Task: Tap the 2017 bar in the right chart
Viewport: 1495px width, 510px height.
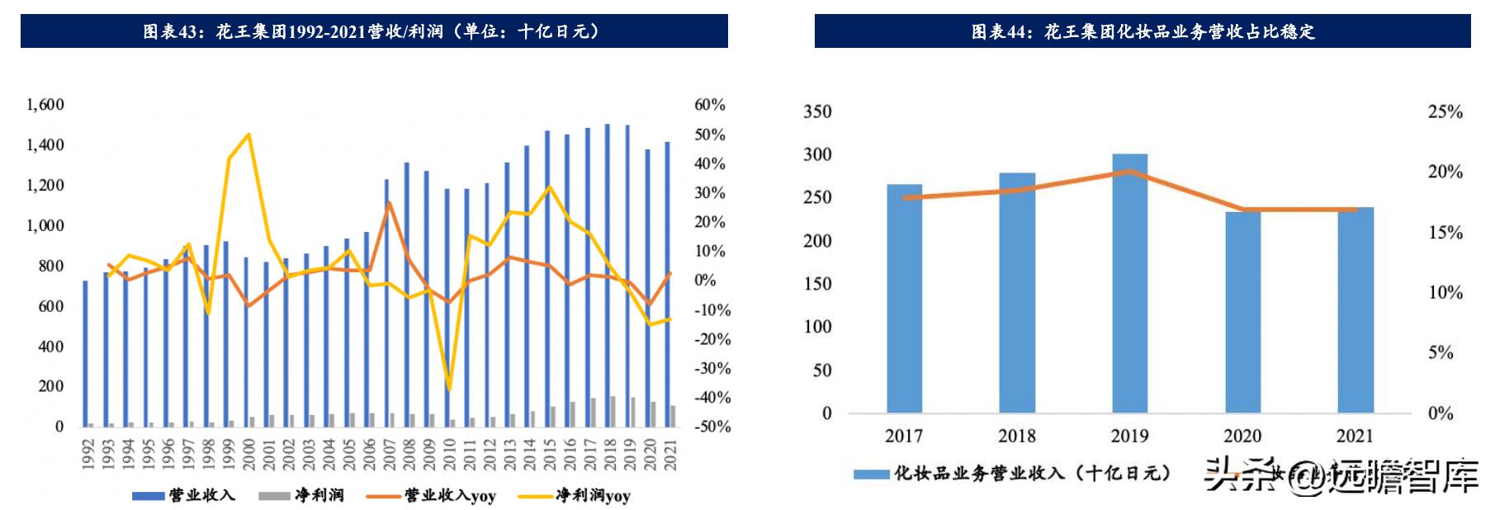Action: click(x=904, y=298)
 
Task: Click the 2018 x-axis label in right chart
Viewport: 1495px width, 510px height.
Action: click(x=1016, y=436)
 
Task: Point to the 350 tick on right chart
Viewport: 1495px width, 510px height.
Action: click(x=817, y=111)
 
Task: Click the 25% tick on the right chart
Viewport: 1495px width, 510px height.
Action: click(x=1445, y=111)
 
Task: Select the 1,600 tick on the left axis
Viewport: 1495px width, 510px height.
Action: click(x=45, y=105)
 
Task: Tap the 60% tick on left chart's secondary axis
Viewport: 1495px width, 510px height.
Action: click(x=709, y=105)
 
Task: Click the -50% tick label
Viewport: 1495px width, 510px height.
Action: click(x=711, y=427)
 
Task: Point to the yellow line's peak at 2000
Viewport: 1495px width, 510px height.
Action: click(x=248, y=135)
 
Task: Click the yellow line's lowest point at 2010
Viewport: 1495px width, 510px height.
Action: click(x=449, y=390)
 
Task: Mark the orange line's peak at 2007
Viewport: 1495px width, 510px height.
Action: click(x=389, y=202)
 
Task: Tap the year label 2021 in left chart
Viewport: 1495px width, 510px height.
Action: click(x=670, y=454)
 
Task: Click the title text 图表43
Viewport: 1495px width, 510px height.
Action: click(x=172, y=31)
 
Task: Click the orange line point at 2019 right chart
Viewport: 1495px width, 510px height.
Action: click(x=1129, y=172)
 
